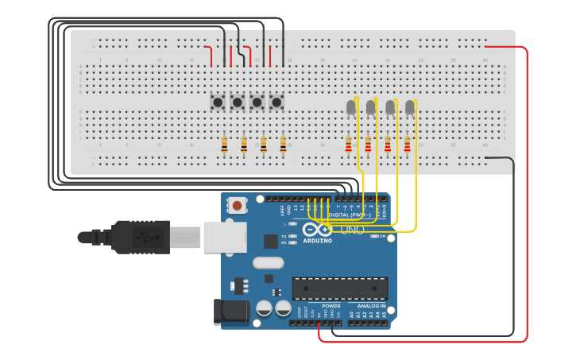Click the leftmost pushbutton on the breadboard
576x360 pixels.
217,102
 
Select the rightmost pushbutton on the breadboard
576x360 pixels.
276,102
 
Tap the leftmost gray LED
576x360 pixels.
351,107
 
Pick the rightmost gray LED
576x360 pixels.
410,107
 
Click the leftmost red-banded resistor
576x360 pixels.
348,144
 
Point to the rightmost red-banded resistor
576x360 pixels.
407,144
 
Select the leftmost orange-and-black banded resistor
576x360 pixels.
224,144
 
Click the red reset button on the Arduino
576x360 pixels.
238,206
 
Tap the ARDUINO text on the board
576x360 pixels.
317,240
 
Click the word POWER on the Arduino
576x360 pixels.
331,305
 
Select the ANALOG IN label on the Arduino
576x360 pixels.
371,305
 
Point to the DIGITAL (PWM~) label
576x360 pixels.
348,215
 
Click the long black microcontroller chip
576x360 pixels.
339,288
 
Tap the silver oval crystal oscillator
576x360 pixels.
268,263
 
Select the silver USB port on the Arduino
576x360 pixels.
219,237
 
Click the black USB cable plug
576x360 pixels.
140,236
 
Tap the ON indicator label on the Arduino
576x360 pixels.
381,236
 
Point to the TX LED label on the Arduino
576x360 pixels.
284,236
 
